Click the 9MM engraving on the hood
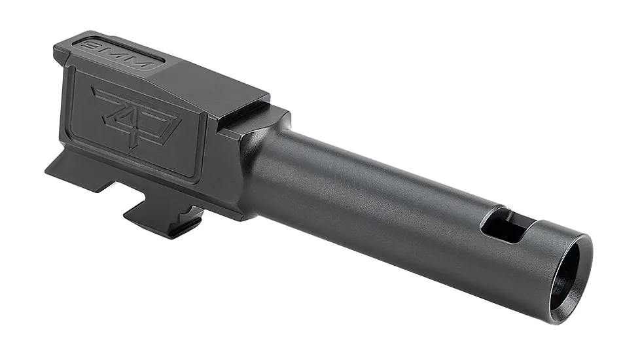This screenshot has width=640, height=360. (118, 54)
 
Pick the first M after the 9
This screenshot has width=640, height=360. (118, 54)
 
